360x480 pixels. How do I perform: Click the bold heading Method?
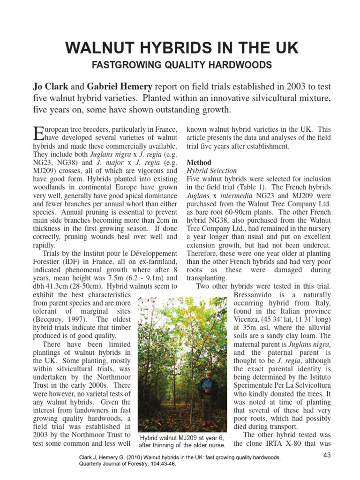click(199, 162)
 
